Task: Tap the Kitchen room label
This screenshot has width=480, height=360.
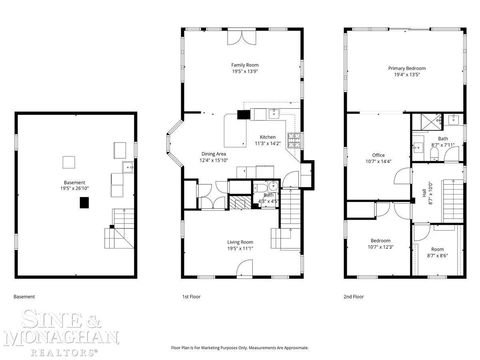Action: pyautogui.click(x=268, y=140)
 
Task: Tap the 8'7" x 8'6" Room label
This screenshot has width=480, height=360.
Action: pyautogui.click(x=437, y=252)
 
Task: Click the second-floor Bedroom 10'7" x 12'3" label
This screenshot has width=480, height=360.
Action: pyautogui.click(x=380, y=244)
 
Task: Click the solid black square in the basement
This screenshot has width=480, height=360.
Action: pyautogui.click(x=86, y=201)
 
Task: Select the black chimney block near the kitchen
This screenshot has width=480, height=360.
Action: pyautogui.click(x=243, y=115)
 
